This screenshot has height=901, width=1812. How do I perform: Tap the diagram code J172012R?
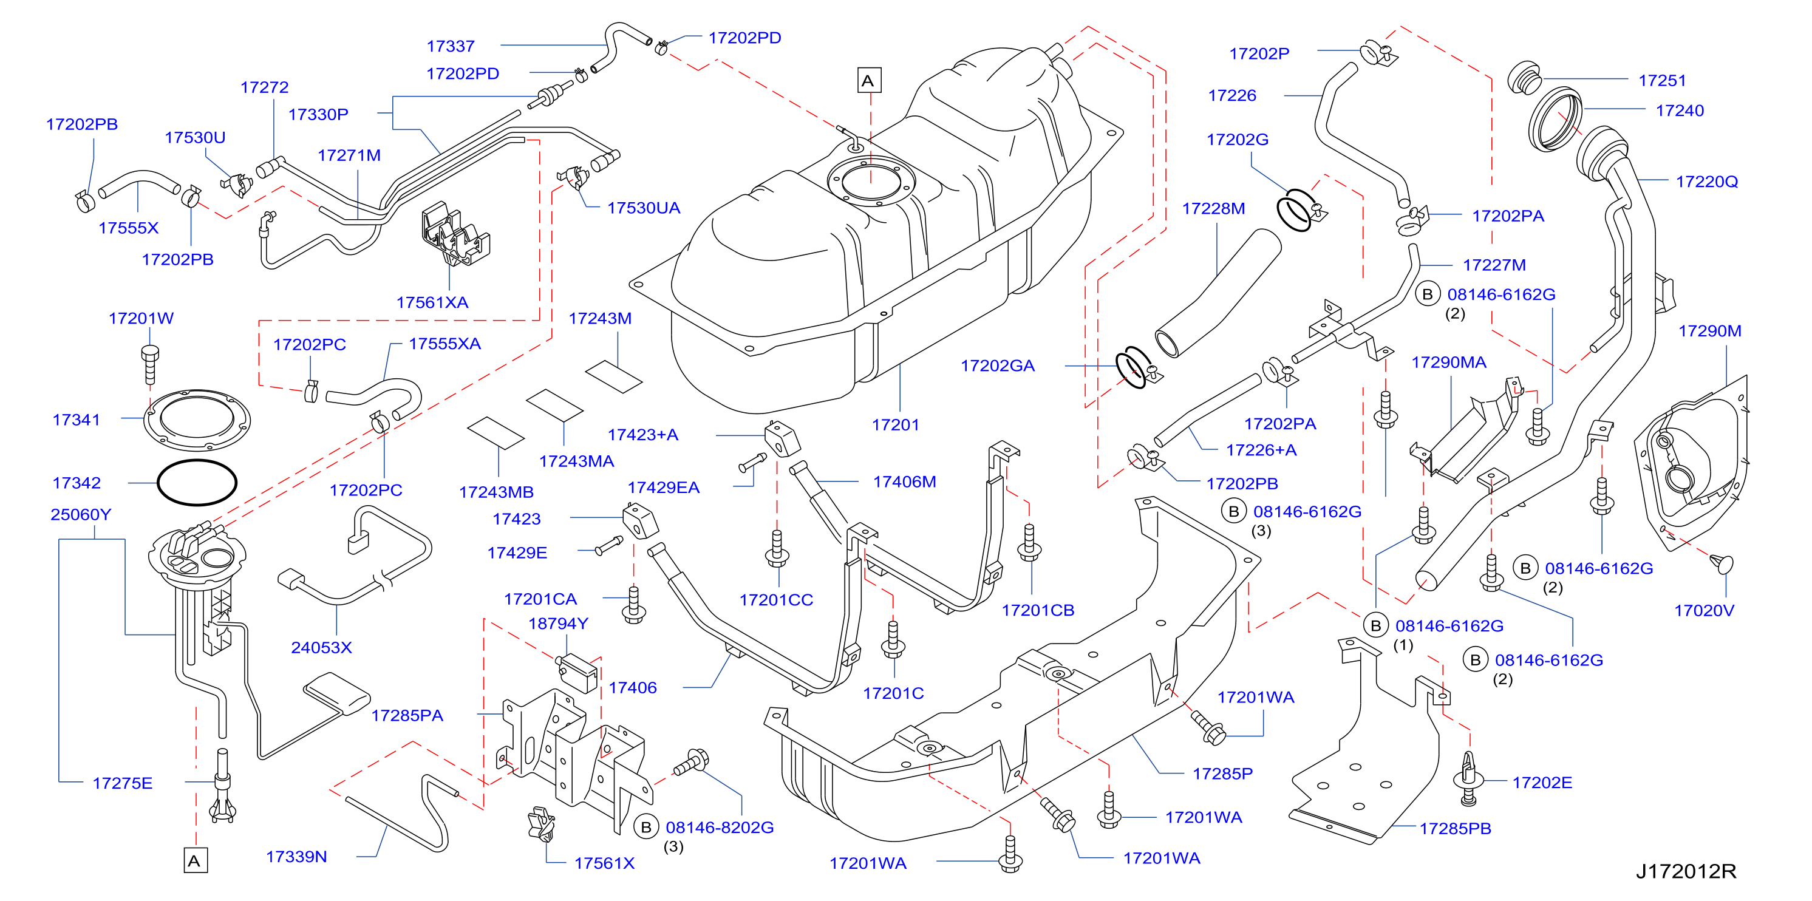pos(1685,871)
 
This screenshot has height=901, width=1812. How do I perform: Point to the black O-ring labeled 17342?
pos(197,483)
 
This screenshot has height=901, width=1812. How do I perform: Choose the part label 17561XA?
pos(432,302)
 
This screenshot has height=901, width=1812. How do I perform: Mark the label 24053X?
pos(321,647)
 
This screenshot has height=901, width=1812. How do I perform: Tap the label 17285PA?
pos(407,715)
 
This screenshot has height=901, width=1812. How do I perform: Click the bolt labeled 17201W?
pos(150,365)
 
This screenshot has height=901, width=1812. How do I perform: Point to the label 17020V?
pos(1704,611)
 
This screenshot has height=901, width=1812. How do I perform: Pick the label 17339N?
pos(296,857)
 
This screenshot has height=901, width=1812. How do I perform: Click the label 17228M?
pos(1213,208)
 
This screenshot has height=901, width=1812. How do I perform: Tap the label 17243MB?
pos(496,492)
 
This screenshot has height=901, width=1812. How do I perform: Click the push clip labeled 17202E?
pos(1468,778)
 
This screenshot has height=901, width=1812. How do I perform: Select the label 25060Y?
pos(80,514)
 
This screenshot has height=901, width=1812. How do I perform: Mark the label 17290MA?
pos(1448,362)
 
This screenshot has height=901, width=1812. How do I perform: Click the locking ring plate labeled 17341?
pos(197,420)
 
